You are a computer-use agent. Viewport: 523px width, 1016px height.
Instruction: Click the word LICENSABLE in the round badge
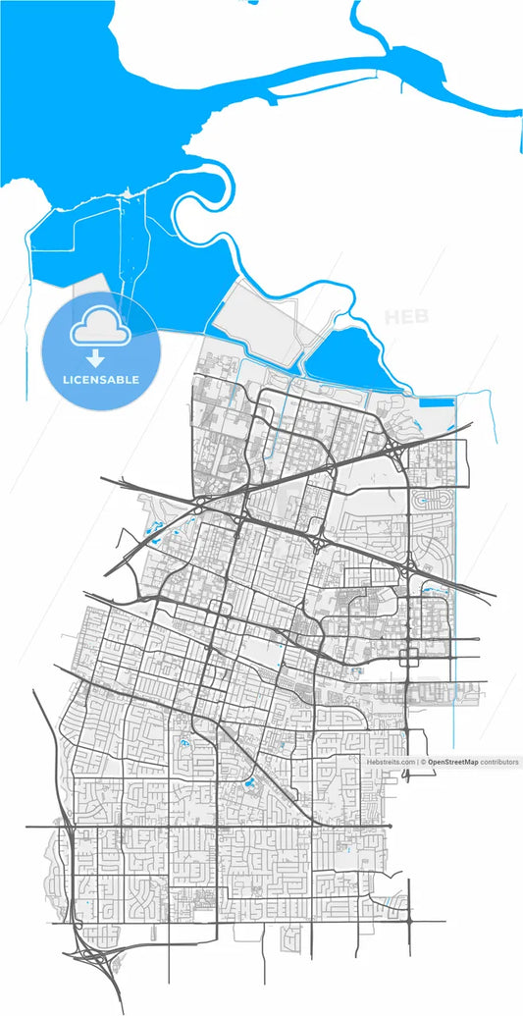pos(100,379)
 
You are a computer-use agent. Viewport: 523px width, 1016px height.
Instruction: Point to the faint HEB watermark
pos(406,317)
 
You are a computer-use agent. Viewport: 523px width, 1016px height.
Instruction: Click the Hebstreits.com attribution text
pos(391,762)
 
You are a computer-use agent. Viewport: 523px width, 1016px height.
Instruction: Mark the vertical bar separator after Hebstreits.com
pos(418,762)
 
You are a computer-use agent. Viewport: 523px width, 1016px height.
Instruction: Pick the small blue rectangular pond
pos(437,401)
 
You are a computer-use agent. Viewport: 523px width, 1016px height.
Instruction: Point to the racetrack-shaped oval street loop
pos(429,501)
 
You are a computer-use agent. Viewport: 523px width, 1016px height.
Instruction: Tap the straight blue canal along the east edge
pos(457,589)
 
